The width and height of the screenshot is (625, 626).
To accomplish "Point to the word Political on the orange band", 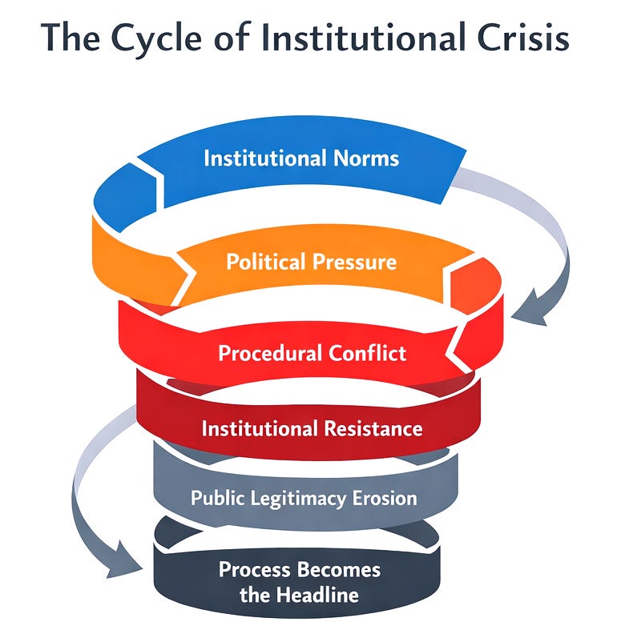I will point(265,262).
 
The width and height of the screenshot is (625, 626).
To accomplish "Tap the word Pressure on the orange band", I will point(353,262).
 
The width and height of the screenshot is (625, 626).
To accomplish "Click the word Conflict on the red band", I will point(370,353).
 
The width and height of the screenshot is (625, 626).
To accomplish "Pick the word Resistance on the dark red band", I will point(373,428).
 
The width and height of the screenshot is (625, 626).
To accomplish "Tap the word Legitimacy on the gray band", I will point(300,498).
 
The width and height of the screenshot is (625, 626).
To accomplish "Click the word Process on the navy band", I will point(258,570).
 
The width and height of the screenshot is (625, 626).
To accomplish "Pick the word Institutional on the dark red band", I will point(260,428).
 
